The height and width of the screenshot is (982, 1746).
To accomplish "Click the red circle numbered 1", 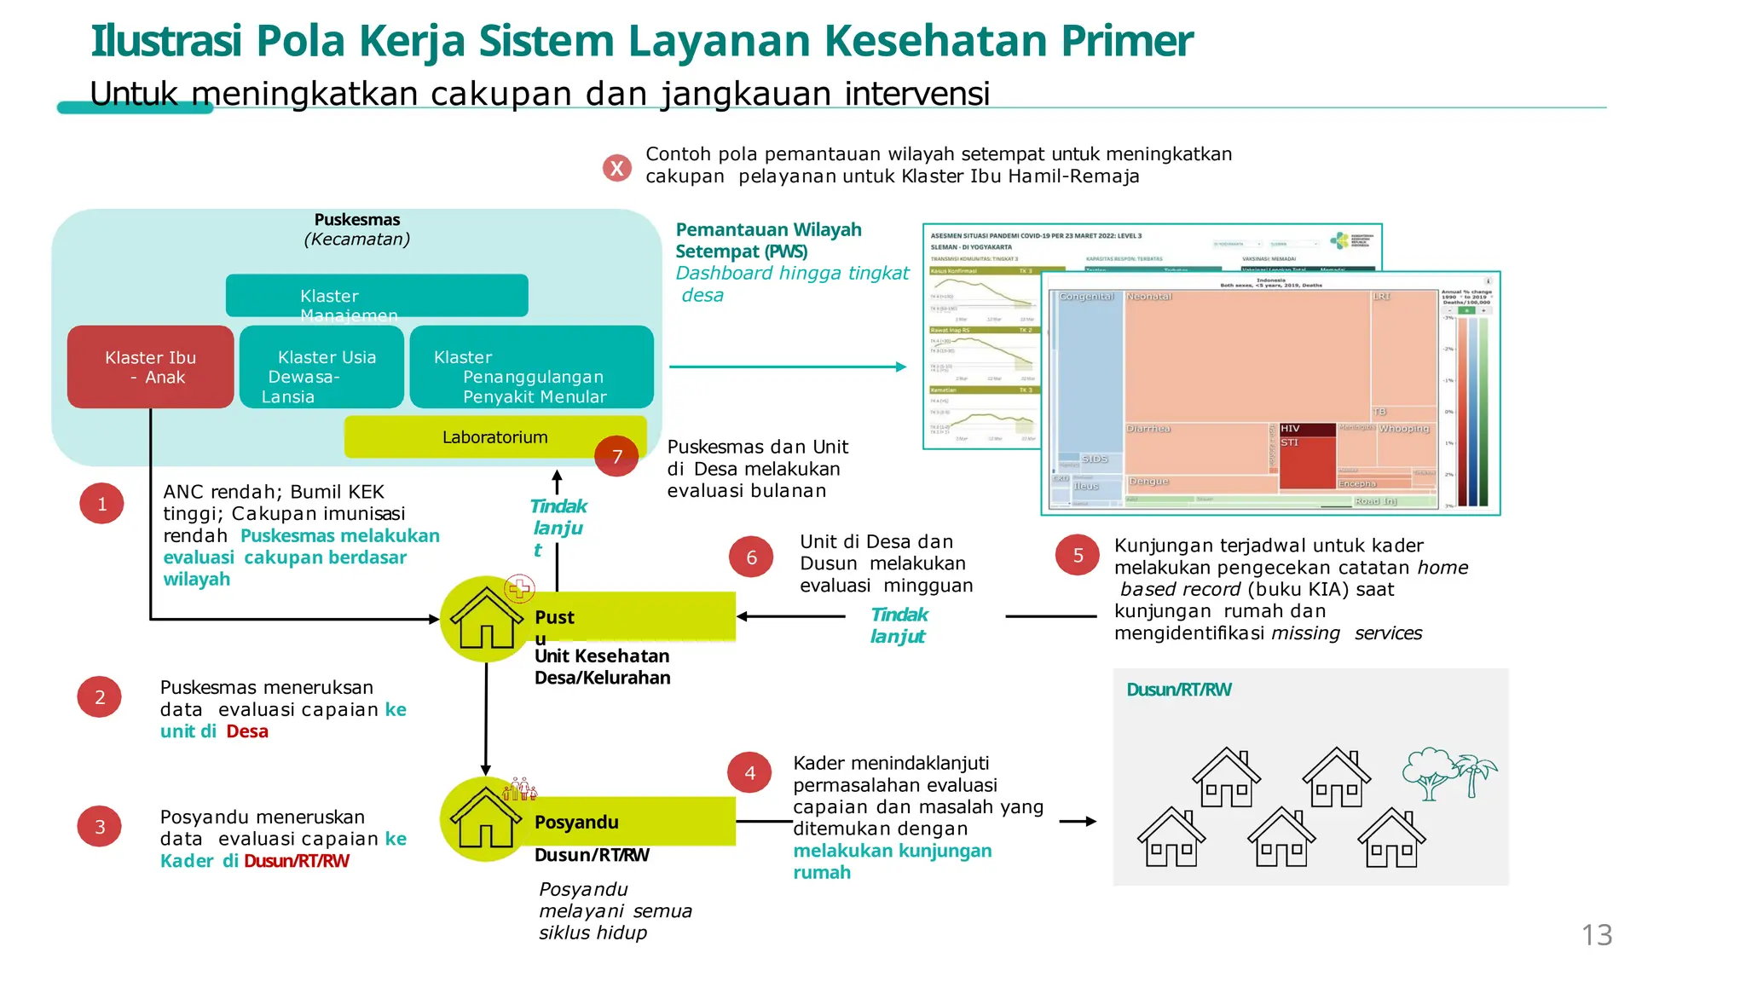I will tap(101, 503).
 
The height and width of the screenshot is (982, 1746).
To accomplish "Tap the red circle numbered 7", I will tap(616, 456).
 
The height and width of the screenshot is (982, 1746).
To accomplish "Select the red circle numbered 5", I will tap(1078, 555).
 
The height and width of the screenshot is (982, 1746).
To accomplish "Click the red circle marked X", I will tap(616, 168).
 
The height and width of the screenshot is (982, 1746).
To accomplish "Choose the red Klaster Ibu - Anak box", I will tap(150, 367).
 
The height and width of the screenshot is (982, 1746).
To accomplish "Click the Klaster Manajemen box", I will tap(376, 296).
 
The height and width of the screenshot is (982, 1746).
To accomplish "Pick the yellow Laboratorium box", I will tap(494, 436).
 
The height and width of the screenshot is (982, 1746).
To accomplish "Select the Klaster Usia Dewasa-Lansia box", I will tap(321, 367).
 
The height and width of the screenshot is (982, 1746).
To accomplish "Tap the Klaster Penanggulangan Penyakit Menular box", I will tap(531, 367).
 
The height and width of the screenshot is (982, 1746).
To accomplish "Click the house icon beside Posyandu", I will tap(485, 818).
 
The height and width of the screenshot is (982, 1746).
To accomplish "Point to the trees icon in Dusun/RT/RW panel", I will tap(1449, 772).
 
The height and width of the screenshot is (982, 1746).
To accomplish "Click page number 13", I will tap(1596, 935).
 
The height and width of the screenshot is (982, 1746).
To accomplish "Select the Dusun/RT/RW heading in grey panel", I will tap(1178, 690).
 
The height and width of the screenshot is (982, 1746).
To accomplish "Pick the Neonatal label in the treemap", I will tap(1149, 297).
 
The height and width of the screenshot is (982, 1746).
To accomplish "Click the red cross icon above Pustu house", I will tap(519, 587).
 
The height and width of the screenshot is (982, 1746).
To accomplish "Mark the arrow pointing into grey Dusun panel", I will tap(1078, 821).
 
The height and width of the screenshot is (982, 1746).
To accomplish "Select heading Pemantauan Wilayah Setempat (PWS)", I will tap(767, 240).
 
